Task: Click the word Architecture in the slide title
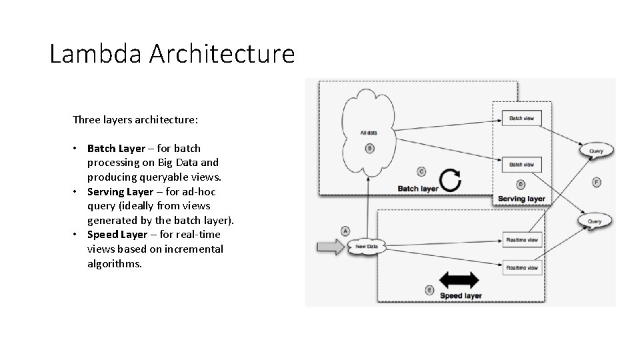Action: point(221,53)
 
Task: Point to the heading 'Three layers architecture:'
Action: point(135,121)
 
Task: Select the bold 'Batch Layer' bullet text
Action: point(115,148)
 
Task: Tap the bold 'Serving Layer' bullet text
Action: point(120,192)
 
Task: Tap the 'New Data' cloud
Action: point(367,247)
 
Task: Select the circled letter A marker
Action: point(345,231)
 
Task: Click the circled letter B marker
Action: point(369,148)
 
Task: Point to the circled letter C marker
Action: point(421,171)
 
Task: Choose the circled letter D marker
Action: point(521,184)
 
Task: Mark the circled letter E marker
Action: point(429,289)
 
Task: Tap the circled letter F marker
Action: point(596,182)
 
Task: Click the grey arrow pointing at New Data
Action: point(329,247)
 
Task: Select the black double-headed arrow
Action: point(459,280)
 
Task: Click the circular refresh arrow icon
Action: point(450,180)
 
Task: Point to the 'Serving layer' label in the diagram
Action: point(521,199)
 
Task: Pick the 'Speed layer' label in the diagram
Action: point(460,296)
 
